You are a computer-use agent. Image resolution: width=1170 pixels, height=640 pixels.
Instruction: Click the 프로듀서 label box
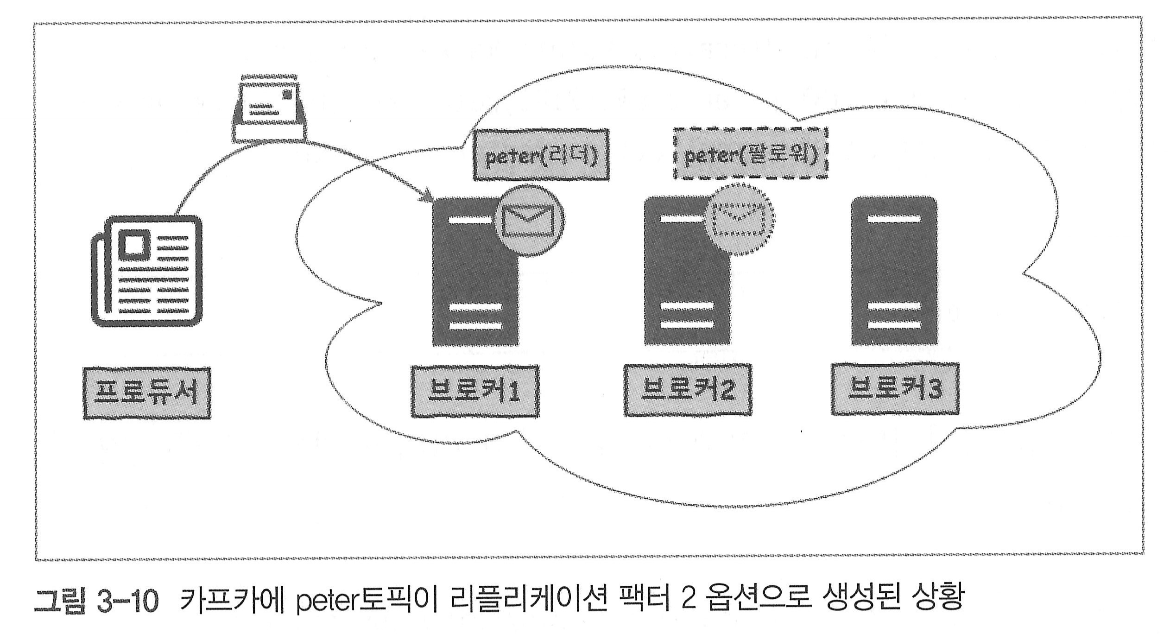(x=146, y=393)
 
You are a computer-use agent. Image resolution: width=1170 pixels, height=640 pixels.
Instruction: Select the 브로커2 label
(x=687, y=390)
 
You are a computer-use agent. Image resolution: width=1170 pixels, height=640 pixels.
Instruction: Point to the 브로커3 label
(x=894, y=389)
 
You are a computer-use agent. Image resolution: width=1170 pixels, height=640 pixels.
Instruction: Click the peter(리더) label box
(x=541, y=155)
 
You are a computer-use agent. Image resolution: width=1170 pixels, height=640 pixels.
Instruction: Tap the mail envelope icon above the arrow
(x=269, y=110)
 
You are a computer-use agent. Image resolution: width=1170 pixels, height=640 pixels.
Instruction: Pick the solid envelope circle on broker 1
(x=529, y=222)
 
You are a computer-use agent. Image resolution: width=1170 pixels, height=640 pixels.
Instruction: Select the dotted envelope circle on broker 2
(x=740, y=220)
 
